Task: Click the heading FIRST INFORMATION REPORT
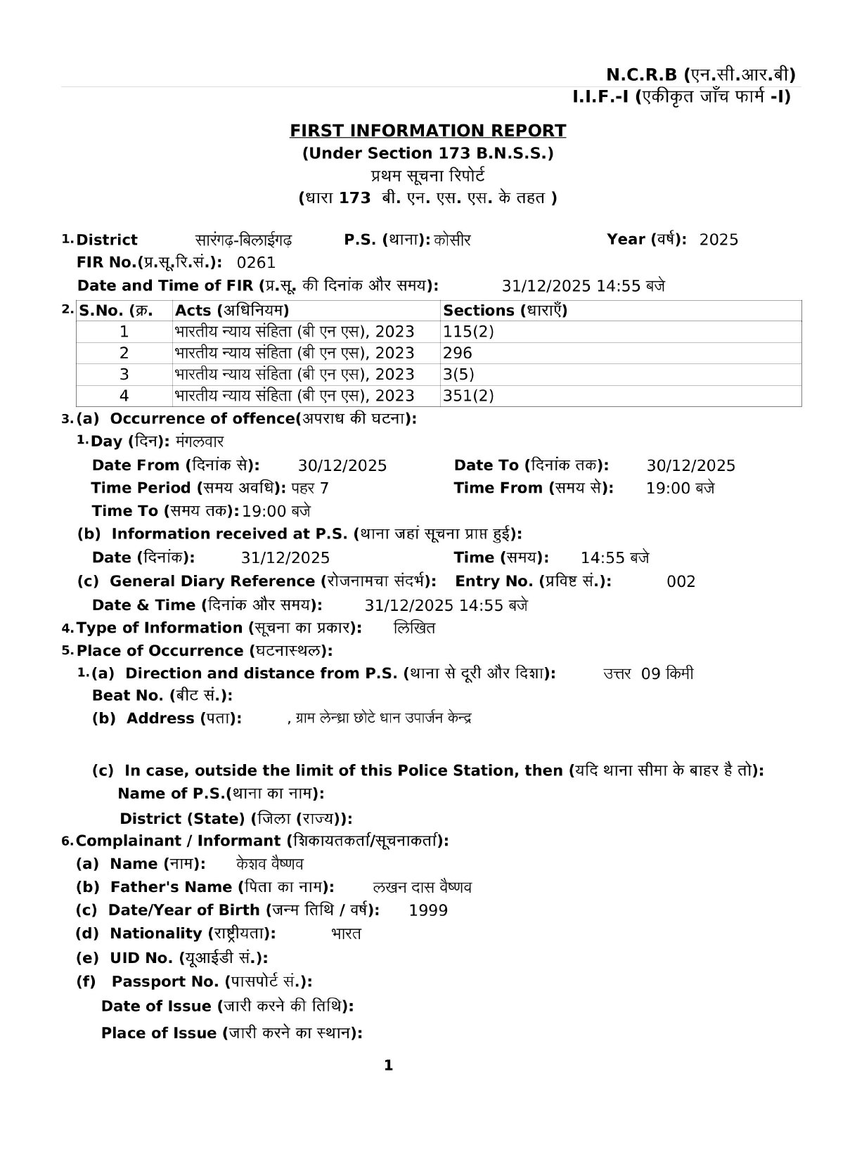pos(427,131)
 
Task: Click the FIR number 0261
pos(257,263)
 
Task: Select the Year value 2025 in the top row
pos(719,240)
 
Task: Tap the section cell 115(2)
pos(468,332)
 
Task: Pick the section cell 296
pos(458,353)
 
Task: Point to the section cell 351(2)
pos(468,396)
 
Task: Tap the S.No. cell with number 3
pos(124,374)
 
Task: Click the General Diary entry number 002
pos(681,582)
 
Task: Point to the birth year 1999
pos(428,910)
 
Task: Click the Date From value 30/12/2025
pos(342,465)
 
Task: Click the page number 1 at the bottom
pos(388,1066)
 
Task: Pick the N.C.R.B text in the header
pos(642,75)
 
